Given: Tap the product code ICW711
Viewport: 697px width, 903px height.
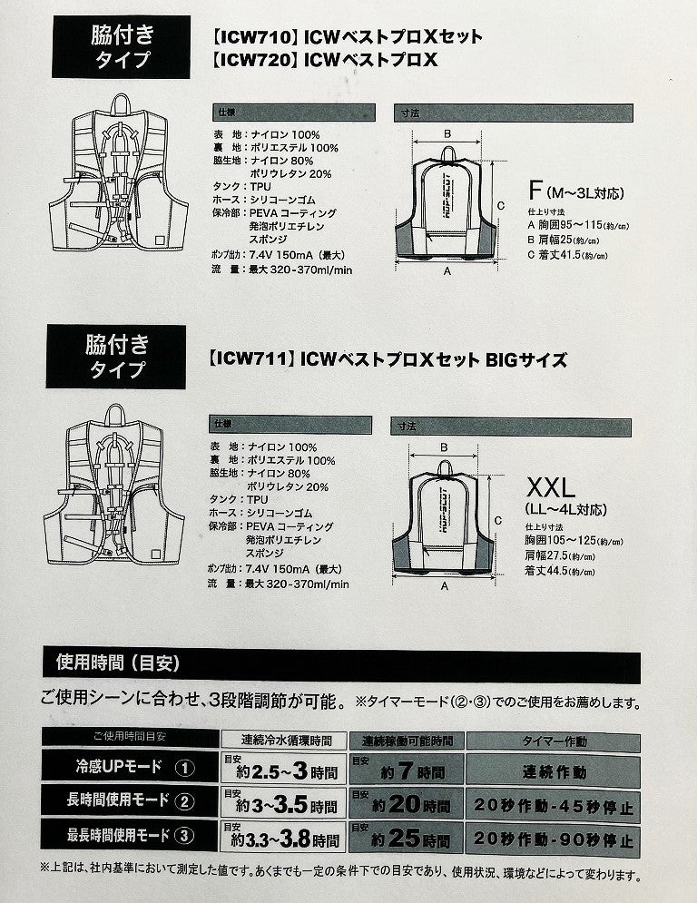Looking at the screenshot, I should point(250,360).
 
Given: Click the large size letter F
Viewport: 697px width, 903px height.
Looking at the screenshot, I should point(535,191).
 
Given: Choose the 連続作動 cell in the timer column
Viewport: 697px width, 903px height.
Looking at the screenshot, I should point(554,772).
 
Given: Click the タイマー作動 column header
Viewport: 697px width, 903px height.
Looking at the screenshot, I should point(554,740).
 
